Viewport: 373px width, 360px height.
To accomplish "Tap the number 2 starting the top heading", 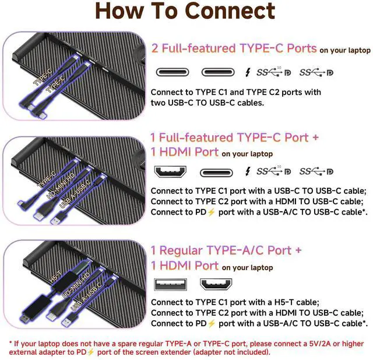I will coord(156,48).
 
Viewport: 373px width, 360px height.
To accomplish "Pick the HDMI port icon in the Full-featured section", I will coord(170,172).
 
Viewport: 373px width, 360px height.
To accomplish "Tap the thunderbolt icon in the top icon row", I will coord(248,72).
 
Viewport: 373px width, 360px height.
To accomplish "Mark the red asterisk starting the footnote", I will coord(10,343).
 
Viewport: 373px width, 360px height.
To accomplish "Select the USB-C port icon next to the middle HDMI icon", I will coord(216,172).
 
